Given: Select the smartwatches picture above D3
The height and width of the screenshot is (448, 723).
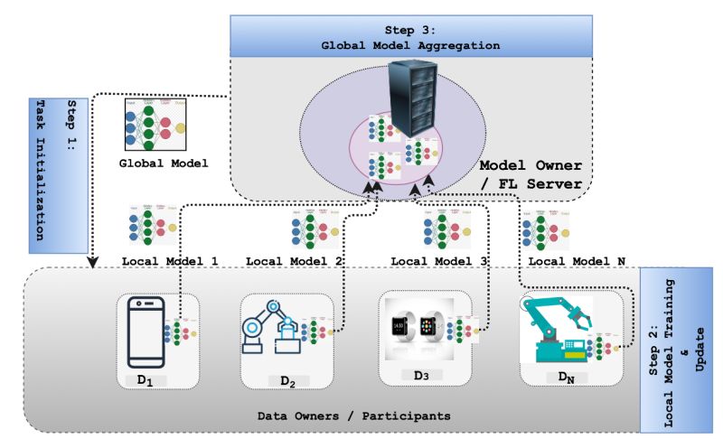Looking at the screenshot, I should (x=415, y=329).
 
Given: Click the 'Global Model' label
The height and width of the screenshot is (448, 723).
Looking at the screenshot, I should (x=164, y=164).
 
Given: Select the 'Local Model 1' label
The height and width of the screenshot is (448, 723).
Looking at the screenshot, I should (x=170, y=261).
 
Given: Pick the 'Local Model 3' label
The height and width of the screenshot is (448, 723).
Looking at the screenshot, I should (x=439, y=261).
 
